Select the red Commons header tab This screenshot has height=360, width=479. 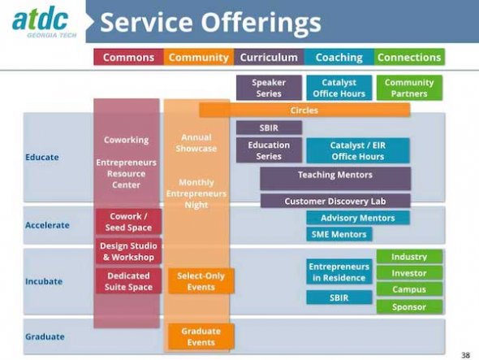[x=128, y=57]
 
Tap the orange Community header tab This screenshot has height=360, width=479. [x=199, y=57]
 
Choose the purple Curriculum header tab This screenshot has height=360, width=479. [x=269, y=57]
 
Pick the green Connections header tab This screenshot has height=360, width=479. [x=409, y=57]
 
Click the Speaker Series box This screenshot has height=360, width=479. [x=269, y=88]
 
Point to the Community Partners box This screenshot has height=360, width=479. [x=409, y=88]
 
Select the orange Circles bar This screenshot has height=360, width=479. [x=304, y=110]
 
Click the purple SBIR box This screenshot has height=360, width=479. [x=269, y=128]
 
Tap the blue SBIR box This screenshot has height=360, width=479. [x=339, y=297]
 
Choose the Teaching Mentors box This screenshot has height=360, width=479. [x=335, y=179]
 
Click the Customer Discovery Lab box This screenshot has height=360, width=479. [x=335, y=201]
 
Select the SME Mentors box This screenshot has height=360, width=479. [x=339, y=234]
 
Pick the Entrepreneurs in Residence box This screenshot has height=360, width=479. [x=339, y=272]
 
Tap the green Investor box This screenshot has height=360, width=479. [x=409, y=273]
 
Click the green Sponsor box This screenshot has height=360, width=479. [x=409, y=307]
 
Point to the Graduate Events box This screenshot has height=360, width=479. [x=201, y=336]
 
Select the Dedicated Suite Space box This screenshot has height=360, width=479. [x=128, y=281]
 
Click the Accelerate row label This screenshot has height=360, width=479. [x=47, y=225]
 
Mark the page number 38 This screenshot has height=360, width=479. [x=465, y=355]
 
